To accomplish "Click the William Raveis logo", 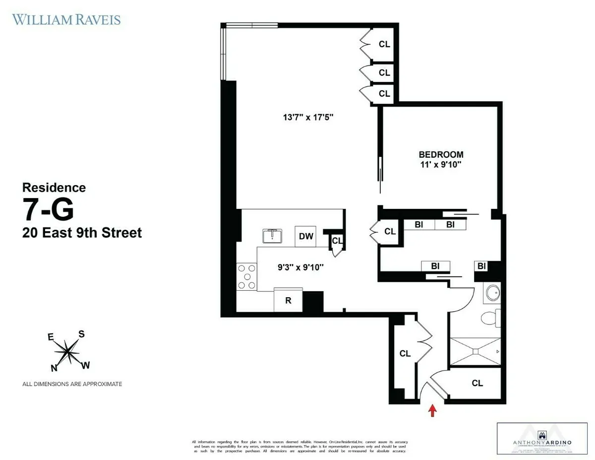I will point(66,20).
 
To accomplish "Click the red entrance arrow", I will point(432,410).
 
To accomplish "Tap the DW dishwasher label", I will point(306,236).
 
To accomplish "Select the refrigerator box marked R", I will point(288,301).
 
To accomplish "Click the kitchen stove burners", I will point(246,277).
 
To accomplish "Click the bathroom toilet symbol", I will point(491,318).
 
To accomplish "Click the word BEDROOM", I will point(441,154).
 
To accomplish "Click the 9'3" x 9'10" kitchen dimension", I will point(300,267).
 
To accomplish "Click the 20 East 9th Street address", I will point(82,232).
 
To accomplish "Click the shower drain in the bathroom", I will point(475,351).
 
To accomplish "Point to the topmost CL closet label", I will point(384,44).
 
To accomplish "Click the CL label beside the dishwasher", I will point(337,241).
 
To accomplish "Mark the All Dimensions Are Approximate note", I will point(72,384).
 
